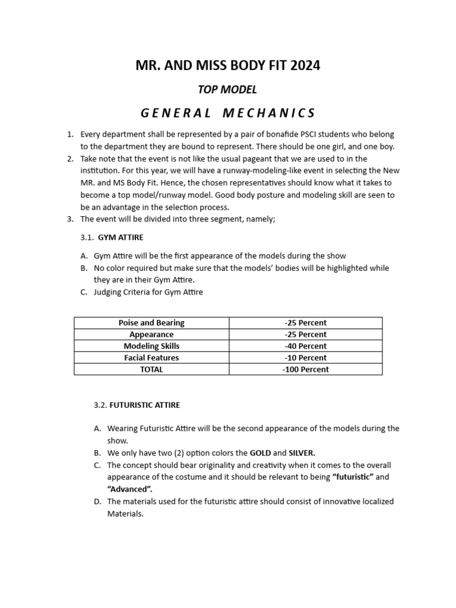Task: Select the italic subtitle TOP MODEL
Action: [x=227, y=90]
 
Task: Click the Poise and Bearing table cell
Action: [x=151, y=322]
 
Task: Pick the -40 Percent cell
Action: [x=305, y=346]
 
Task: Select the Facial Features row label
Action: [x=151, y=357]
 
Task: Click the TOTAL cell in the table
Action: [x=151, y=369]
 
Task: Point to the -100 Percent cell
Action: [x=305, y=369]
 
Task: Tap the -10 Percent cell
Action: [x=305, y=357]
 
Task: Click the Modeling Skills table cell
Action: [x=151, y=346]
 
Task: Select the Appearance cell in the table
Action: [x=151, y=334]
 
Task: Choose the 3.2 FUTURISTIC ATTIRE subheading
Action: [x=137, y=405]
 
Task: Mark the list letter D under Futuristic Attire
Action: [x=97, y=502]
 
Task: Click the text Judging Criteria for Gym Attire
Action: [x=148, y=292]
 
